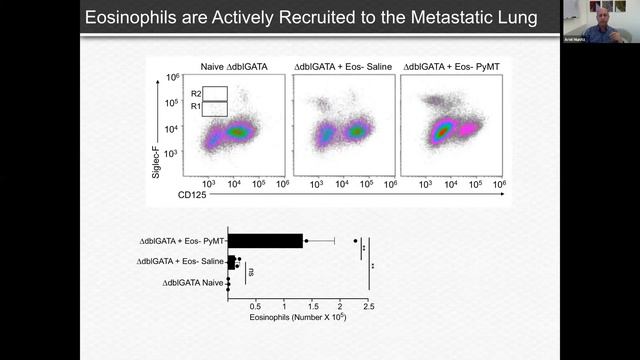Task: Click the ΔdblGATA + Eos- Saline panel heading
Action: coord(340,66)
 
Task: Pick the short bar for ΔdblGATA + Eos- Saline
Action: coord(232,262)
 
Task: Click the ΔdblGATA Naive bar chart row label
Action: coord(193,283)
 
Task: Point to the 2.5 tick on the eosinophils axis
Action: coord(369,306)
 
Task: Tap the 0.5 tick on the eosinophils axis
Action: coord(256,306)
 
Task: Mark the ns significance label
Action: coord(251,271)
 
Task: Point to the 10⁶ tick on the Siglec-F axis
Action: coord(172,77)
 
